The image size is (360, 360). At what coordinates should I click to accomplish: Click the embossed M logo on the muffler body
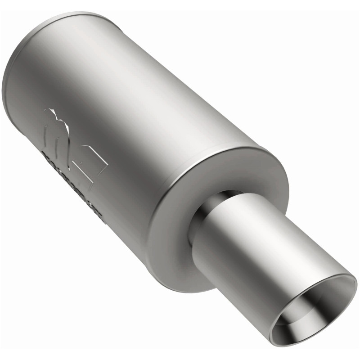click(x=67, y=135)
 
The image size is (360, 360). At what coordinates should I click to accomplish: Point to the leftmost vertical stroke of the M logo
click(x=47, y=135)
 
